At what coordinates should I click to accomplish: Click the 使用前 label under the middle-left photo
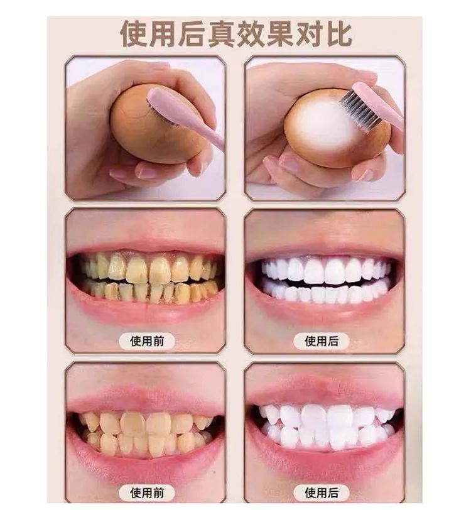[x=147, y=341]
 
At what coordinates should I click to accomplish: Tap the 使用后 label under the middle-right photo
[x=322, y=341]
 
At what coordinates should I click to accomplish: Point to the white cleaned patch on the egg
[x=327, y=126]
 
